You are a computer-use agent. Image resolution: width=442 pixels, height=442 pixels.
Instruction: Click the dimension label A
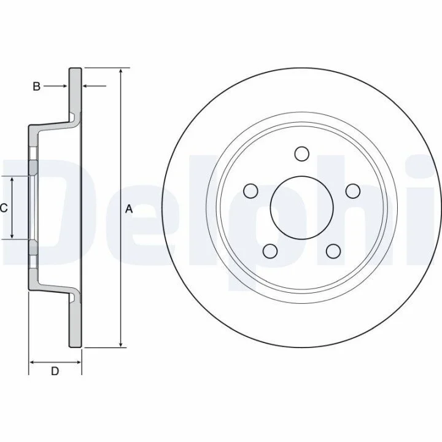pyautogui.click(x=129, y=209)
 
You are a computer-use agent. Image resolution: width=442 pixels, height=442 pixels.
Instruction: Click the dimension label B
pyautogui.click(x=37, y=87)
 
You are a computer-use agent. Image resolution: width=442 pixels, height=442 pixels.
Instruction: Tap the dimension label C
pyautogui.click(x=4, y=208)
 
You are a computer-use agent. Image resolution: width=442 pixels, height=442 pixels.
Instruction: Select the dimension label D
pyautogui.click(x=55, y=371)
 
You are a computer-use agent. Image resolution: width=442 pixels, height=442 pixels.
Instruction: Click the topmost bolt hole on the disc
pyautogui.click(x=301, y=154)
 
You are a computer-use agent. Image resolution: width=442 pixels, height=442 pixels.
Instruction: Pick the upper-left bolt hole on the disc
pyautogui.click(x=250, y=191)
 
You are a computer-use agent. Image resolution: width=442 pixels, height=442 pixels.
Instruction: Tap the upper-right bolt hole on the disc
pyautogui.click(x=352, y=191)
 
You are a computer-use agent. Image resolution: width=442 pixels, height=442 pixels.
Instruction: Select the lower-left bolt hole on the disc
pyautogui.click(x=270, y=251)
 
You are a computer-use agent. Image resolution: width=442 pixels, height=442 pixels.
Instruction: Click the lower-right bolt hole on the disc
pyautogui.click(x=333, y=251)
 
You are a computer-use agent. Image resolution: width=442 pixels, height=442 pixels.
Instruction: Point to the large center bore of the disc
pyautogui.click(x=301, y=207)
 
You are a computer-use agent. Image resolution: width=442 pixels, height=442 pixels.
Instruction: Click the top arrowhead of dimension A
pyautogui.click(x=121, y=71)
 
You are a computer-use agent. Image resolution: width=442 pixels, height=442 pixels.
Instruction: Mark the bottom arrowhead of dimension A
pyautogui.click(x=121, y=344)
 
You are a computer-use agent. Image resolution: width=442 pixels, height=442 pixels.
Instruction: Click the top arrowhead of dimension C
pyautogui.click(x=12, y=180)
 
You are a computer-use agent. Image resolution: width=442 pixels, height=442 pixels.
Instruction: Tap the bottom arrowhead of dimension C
pyautogui.click(x=12, y=236)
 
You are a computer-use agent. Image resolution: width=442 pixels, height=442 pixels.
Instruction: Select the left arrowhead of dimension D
pyautogui.click(x=33, y=362)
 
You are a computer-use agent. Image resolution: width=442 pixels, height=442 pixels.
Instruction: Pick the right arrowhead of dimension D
pyautogui.click(x=78, y=362)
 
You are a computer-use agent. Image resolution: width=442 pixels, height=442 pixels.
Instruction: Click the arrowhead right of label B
pyautogui.click(x=65, y=86)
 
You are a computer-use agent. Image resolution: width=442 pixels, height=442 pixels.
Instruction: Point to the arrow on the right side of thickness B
pyautogui.click(x=94, y=86)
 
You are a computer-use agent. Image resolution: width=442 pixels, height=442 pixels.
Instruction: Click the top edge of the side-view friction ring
pyautogui.click(x=76, y=68)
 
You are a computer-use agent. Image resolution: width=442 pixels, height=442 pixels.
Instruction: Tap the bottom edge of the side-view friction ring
pyautogui.click(x=76, y=347)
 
